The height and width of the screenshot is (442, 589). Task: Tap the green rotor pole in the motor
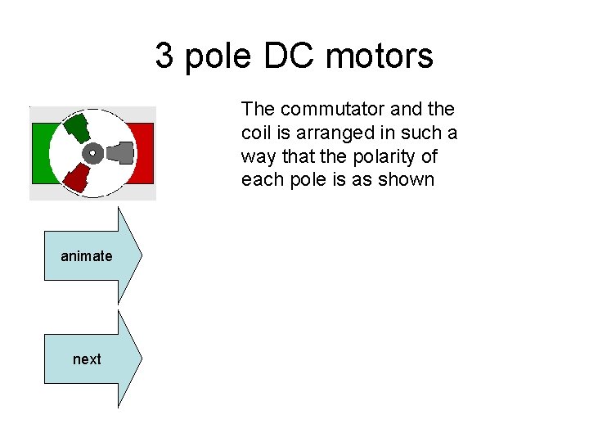pyautogui.click(x=76, y=127)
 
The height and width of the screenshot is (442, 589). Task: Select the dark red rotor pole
pyautogui.click(x=77, y=176)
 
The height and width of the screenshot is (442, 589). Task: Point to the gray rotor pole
pyautogui.click(x=121, y=152)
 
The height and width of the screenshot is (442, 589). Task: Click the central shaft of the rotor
pyautogui.click(x=92, y=151)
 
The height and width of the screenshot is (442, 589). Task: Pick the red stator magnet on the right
pyautogui.click(x=146, y=153)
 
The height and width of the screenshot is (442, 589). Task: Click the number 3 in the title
pyautogui.click(x=164, y=56)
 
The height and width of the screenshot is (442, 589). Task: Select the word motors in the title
pyautogui.click(x=380, y=56)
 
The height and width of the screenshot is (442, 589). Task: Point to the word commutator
pyautogui.click(x=316, y=109)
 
